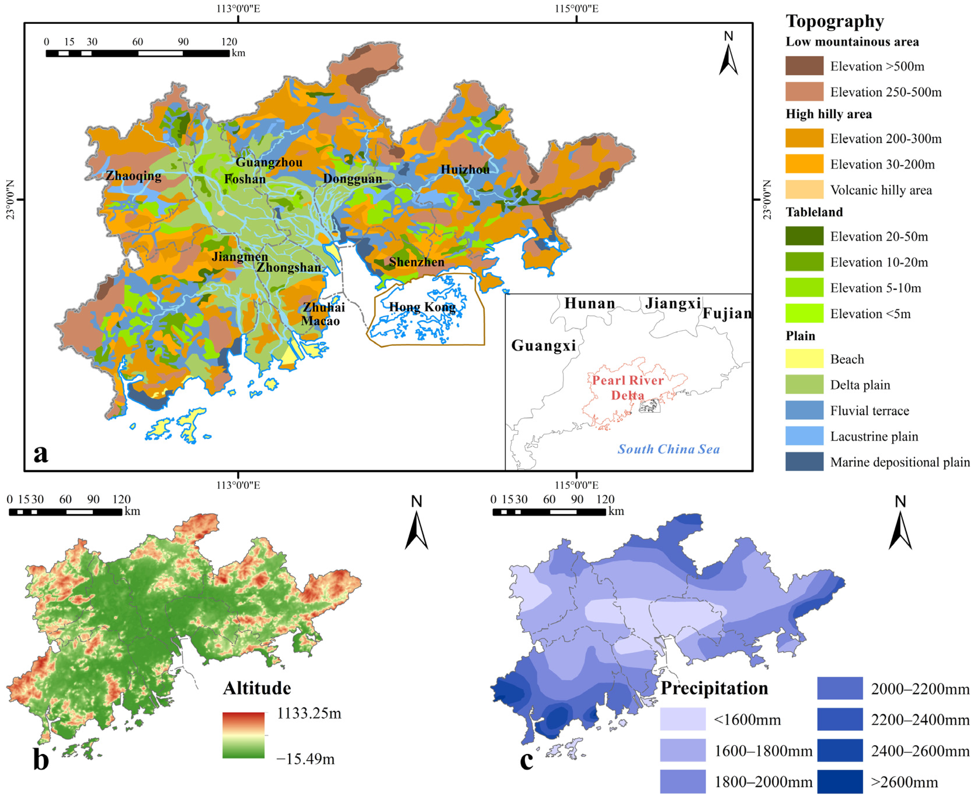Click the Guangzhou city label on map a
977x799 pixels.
tap(269, 162)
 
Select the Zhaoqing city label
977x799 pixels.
tap(133, 176)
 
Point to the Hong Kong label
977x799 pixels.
tap(422, 307)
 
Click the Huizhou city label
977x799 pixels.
tap(465, 169)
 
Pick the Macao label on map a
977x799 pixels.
tap(320, 321)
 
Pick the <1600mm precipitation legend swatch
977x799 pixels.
tap(682, 719)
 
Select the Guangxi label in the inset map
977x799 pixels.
tap(543, 345)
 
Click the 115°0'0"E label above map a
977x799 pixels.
tap(576, 9)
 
